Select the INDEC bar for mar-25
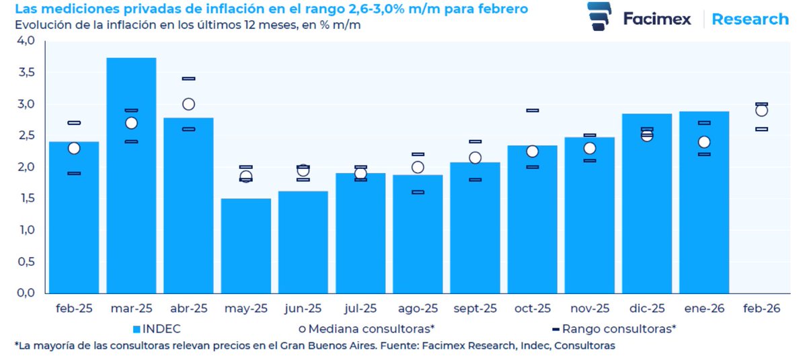(131, 175)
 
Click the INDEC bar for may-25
(245, 246)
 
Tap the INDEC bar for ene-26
(703, 202)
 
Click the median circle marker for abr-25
(188, 104)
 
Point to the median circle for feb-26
(761, 110)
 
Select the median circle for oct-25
(532, 151)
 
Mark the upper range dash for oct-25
(532, 110)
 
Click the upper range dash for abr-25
(188, 79)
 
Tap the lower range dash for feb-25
(74, 174)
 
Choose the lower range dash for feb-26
(761, 129)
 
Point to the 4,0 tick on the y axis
(25, 40)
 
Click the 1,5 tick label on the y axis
(25, 199)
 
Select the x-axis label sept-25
(474, 309)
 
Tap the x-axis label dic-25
(646, 309)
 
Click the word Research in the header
(750, 19)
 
